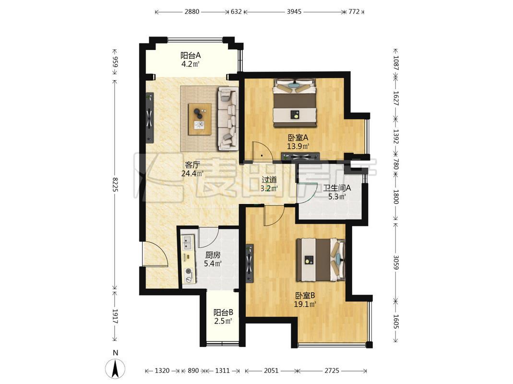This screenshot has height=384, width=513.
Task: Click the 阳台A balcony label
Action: point(191,55)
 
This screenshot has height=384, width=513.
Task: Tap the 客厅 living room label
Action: point(192,165)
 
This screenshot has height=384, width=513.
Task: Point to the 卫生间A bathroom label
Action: point(337,188)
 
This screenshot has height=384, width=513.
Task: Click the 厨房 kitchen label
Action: point(213,255)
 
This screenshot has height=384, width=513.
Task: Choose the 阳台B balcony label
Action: point(223,312)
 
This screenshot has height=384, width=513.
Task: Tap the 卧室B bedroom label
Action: point(305,296)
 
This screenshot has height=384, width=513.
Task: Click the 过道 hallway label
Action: point(269,180)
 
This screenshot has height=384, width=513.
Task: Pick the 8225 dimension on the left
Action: point(115,184)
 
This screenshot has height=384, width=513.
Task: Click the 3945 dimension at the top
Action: point(294,12)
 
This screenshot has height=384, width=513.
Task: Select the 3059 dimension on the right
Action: point(395,262)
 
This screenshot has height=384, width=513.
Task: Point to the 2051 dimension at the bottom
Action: point(271,371)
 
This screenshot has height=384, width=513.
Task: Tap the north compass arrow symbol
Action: point(115,369)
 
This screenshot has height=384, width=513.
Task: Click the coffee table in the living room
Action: point(200,119)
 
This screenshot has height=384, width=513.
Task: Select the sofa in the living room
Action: point(228,118)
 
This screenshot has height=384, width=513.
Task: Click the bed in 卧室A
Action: point(295,102)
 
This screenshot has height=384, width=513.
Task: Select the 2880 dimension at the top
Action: point(192,12)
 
